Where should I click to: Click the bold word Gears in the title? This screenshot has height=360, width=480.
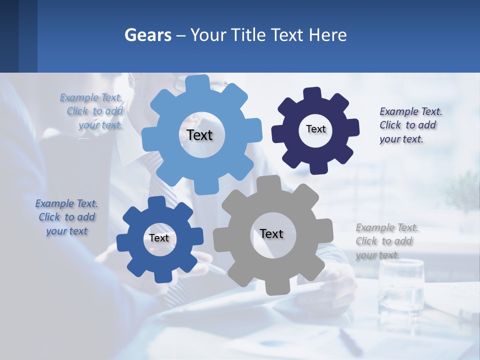click(148, 35)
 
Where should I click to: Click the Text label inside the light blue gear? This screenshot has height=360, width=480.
click(199, 135)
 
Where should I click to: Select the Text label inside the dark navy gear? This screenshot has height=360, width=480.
click(315, 129)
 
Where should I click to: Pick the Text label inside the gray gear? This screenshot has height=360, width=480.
click(271, 233)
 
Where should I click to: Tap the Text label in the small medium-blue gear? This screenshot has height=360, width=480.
click(159, 238)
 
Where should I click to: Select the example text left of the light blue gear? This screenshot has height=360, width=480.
click(92, 111)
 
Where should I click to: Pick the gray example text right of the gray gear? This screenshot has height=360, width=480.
click(384, 241)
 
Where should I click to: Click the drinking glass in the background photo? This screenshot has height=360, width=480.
click(401, 285)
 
